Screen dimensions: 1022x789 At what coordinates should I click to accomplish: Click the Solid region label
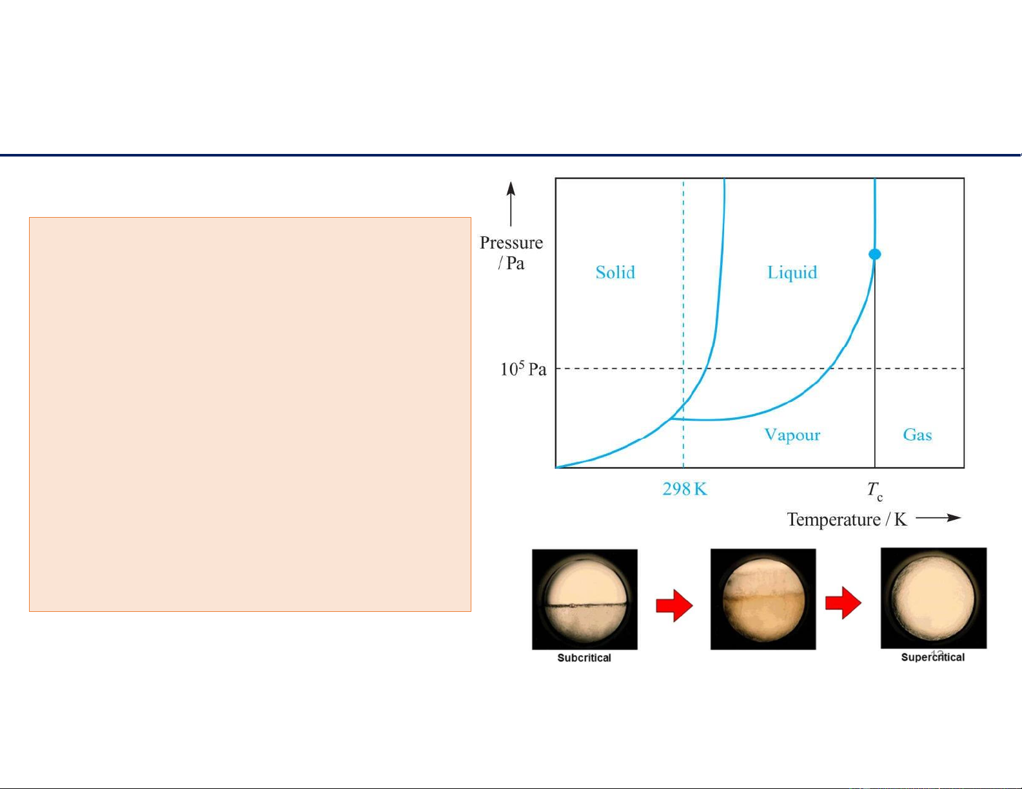pyautogui.click(x=615, y=272)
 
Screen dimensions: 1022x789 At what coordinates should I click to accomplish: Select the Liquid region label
pyautogui.click(x=792, y=273)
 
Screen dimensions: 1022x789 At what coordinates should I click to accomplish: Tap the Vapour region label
pyautogui.click(x=792, y=435)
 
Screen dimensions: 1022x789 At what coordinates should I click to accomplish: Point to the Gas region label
pyautogui.click(x=917, y=434)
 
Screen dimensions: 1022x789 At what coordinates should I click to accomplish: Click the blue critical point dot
pyautogui.click(x=875, y=254)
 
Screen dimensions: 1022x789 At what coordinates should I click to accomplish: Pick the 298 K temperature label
pyautogui.click(x=684, y=489)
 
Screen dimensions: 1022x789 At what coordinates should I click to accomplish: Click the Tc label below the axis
pyautogui.click(x=875, y=491)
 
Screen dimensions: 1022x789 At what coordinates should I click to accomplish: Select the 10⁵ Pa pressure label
pyautogui.click(x=523, y=368)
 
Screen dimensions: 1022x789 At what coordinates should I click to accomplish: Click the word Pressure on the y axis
pyautogui.click(x=511, y=243)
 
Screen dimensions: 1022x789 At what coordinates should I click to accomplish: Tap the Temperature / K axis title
pyautogui.click(x=847, y=519)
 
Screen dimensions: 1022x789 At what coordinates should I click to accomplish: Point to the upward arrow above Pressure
pyautogui.click(x=511, y=204)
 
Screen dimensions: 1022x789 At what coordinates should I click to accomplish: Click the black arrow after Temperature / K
pyautogui.click(x=938, y=518)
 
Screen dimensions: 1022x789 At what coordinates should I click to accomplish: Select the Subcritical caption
pyautogui.click(x=584, y=658)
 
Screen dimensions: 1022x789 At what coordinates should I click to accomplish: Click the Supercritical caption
pyautogui.click(x=932, y=658)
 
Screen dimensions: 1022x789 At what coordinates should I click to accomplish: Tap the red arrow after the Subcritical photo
pyautogui.click(x=674, y=605)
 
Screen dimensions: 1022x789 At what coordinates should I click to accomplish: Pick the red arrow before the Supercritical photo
pyautogui.click(x=843, y=603)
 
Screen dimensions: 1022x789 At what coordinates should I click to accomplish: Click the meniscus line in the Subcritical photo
pyautogui.click(x=585, y=605)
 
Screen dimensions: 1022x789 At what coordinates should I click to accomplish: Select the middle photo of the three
pyautogui.click(x=763, y=599)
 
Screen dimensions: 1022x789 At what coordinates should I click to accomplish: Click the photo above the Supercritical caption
pyautogui.click(x=934, y=598)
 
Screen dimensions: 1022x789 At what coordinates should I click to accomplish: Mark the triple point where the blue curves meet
pyautogui.click(x=671, y=418)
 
